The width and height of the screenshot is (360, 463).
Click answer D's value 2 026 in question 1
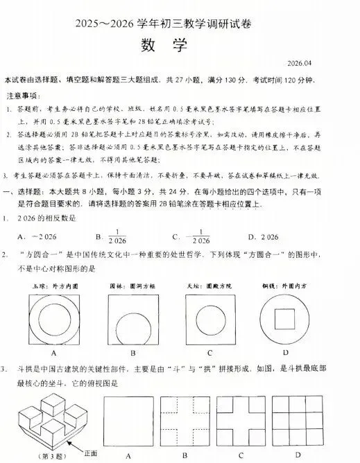tap(275, 237)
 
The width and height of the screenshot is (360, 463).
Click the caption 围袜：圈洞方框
tap(130, 285)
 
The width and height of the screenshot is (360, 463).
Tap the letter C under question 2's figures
tap(208, 352)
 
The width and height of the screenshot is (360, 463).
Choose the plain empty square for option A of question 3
tap(128, 421)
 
